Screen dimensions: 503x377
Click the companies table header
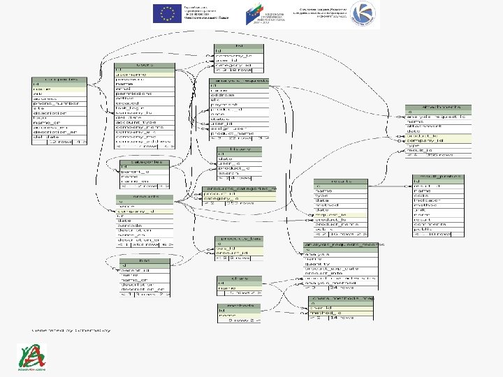[59, 80]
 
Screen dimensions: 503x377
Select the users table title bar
[145, 65]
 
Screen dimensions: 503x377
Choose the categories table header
[145, 162]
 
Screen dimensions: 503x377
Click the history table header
[238, 148]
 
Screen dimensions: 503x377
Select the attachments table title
[435, 107]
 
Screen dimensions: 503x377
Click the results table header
[340, 181]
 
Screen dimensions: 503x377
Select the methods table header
[239, 305]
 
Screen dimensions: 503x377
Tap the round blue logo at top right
[363, 14]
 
